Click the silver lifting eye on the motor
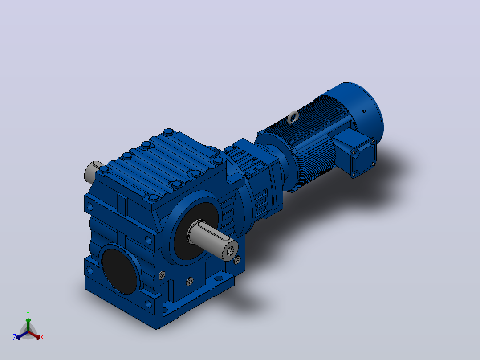click(293, 117)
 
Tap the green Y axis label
click(28, 313)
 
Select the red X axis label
click(42, 337)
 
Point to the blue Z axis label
click(15, 337)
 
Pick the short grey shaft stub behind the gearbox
click(91, 172)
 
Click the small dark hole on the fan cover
click(364, 111)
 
